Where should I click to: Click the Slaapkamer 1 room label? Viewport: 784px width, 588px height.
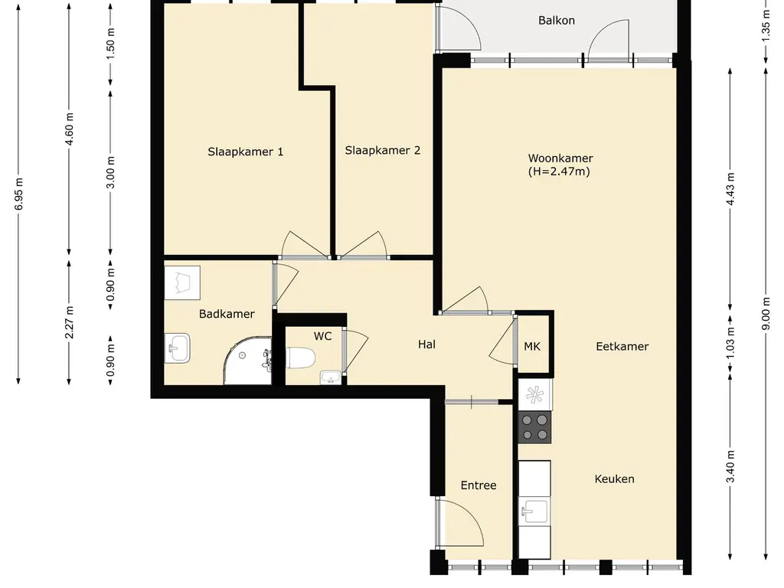pos(246,152)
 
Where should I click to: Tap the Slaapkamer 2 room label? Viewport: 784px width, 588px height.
pos(383,150)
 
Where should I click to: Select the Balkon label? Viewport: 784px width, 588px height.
pos(557,21)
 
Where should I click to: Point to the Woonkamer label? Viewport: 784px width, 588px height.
pos(560,158)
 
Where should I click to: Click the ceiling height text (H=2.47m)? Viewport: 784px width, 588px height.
pos(560,171)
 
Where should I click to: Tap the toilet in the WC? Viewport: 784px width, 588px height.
pos(300,358)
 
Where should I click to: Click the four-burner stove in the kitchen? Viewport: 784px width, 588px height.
pos(535,427)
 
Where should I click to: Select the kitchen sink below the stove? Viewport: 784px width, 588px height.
pos(534,511)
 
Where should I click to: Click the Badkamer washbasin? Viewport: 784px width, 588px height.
pos(178,348)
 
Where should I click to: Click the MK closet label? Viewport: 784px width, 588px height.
pos(532,346)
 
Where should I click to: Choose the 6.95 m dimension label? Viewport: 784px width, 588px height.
pos(19,194)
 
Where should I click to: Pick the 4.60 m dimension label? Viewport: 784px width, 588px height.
pos(69,129)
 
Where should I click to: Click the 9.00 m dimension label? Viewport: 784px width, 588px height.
pos(766,314)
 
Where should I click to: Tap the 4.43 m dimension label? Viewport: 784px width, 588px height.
pos(730,189)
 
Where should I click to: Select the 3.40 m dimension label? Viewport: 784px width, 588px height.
pos(730,466)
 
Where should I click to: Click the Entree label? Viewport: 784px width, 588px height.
pos(479,485)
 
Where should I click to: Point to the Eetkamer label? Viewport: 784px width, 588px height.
pos(622,346)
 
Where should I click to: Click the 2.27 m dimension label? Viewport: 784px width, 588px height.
pos(69,322)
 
